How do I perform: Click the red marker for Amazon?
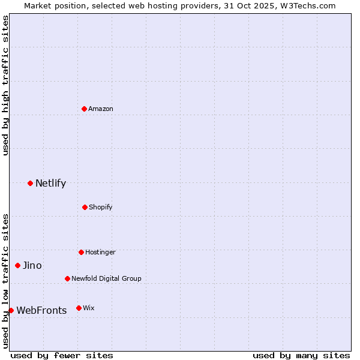point(85,109)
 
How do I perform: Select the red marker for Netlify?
point(30,183)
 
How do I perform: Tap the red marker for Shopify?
point(85,207)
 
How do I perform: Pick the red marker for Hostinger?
point(81,252)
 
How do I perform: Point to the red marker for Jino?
point(17,265)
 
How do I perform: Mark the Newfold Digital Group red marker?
point(67,278)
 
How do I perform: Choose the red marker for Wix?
point(79,308)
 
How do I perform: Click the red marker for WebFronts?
point(11,310)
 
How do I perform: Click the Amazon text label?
point(101,109)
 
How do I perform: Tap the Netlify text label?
point(50,183)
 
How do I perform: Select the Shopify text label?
point(100,207)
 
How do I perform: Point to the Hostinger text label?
point(100,252)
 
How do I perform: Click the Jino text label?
point(32,265)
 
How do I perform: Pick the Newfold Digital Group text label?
point(106,278)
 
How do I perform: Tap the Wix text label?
point(88,308)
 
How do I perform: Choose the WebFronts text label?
point(41,310)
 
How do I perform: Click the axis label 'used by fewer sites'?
point(62,355)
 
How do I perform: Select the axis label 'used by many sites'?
point(301,355)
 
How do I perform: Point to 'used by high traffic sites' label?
point(5,85)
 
